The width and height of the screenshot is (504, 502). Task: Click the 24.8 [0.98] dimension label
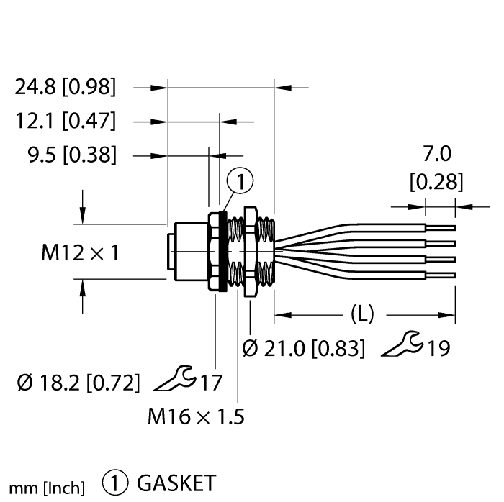tap(65, 88)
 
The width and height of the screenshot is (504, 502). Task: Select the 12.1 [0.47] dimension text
tap(66, 121)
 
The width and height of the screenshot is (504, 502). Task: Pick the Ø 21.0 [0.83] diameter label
tap(303, 349)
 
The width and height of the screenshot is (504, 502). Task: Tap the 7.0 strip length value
tap(437, 154)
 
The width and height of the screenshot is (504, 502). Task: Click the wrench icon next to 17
tap(174, 377)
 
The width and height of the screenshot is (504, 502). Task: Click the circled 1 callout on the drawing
tap(240, 183)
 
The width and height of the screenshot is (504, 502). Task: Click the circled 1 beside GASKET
tap(115, 482)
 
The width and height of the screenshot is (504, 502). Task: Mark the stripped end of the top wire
tap(440, 227)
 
